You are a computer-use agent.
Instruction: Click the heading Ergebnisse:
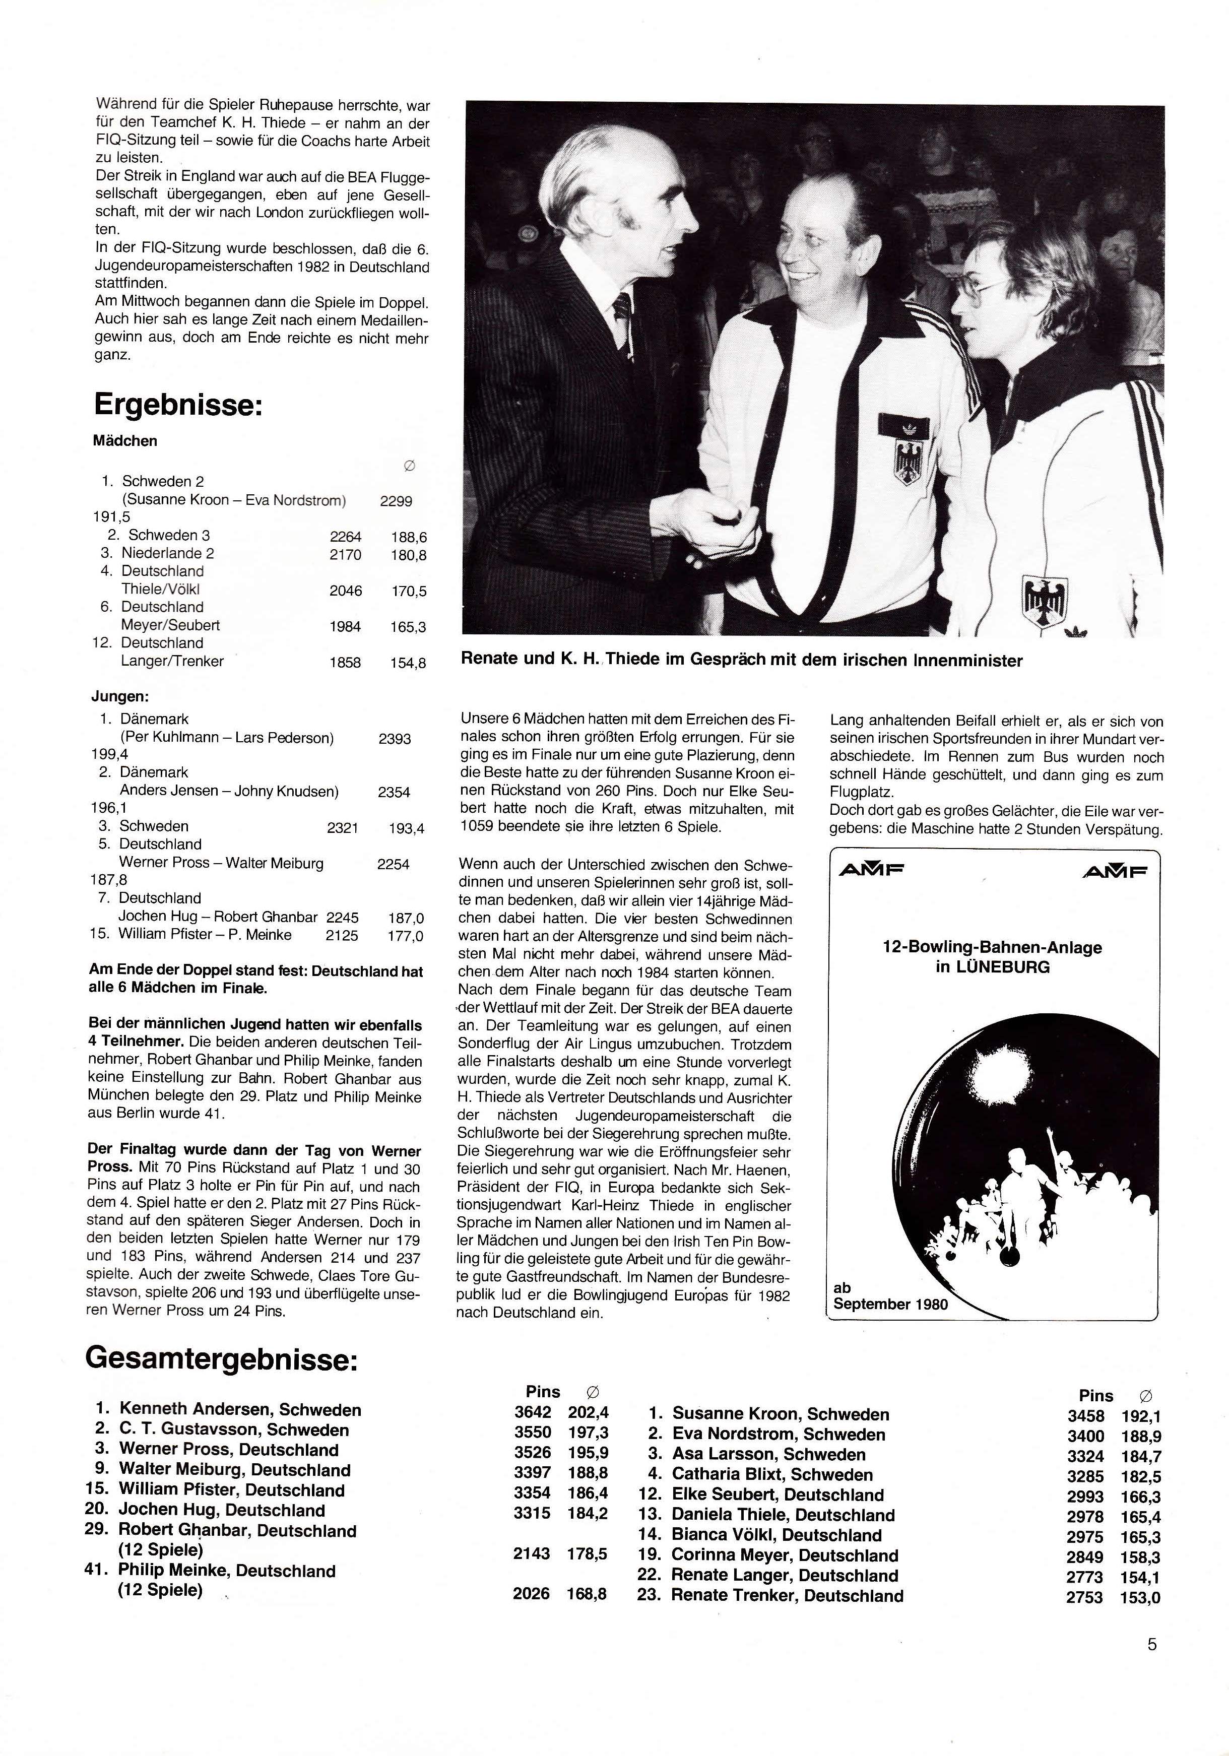click(x=178, y=405)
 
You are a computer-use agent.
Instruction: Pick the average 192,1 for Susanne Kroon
click(x=1141, y=1416)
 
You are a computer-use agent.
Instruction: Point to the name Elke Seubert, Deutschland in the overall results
click(x=777, y=1494)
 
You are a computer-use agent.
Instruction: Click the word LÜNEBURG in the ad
click(x=1002, y=967)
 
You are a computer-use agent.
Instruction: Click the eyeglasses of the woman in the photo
click(x=982, y=292)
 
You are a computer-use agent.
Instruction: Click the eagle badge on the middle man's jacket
click(x=904, y=453)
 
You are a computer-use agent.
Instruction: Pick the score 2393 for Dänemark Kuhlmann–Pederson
click(x=395, y=739)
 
